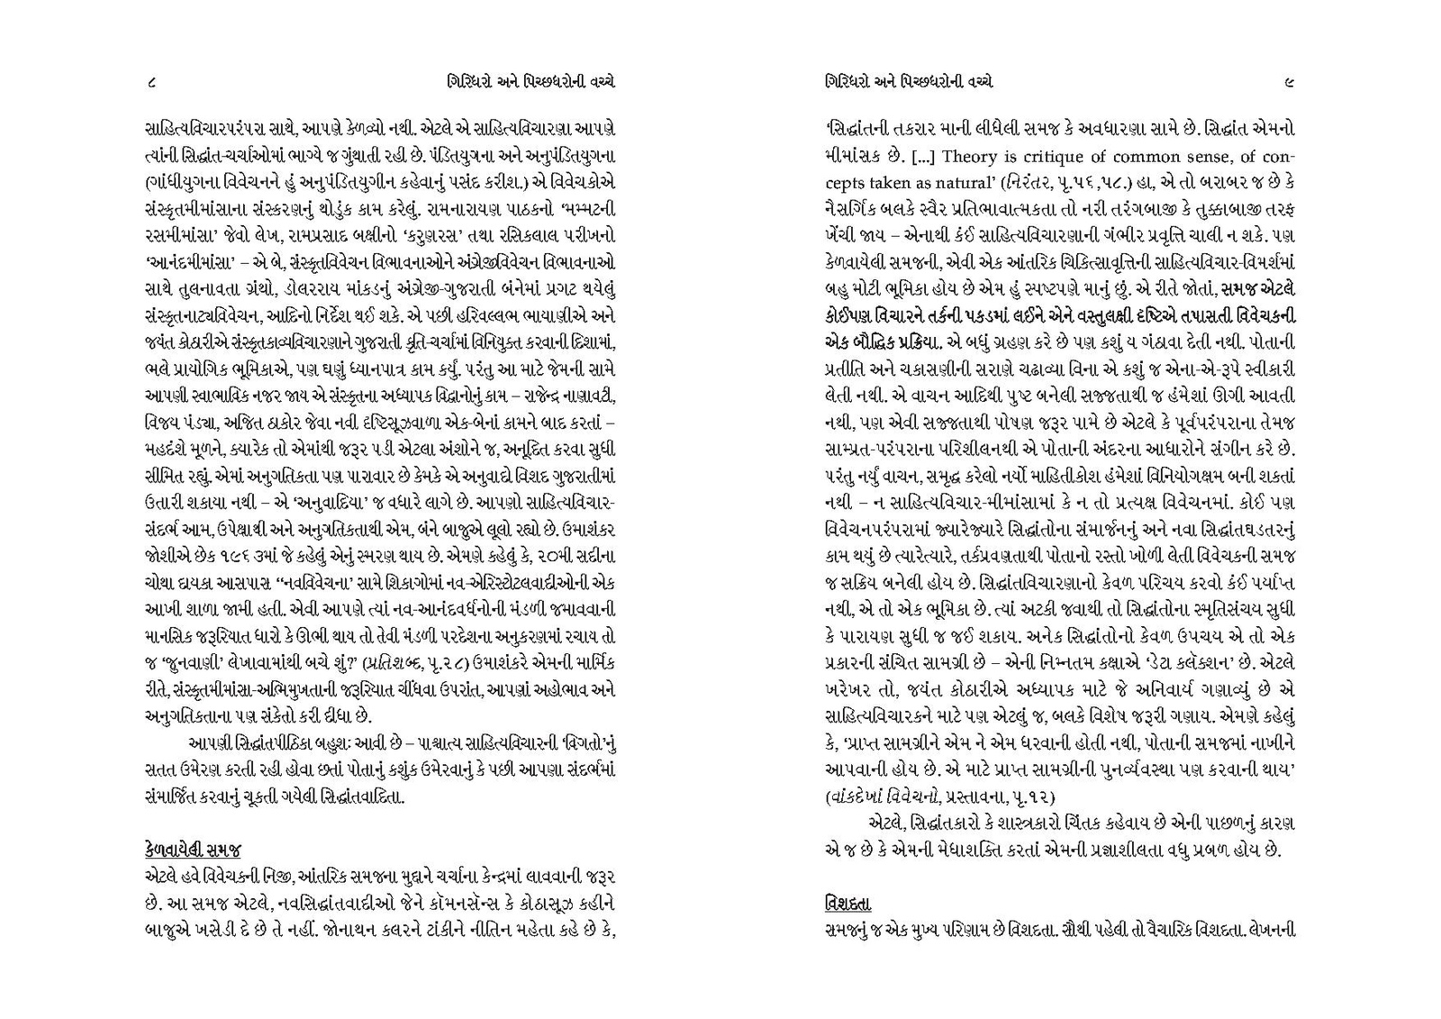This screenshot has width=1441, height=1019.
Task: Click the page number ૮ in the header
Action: click(151, 82)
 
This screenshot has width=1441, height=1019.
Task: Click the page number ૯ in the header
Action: click(1290, 82)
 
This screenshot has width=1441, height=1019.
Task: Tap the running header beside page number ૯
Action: click(909, 82)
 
